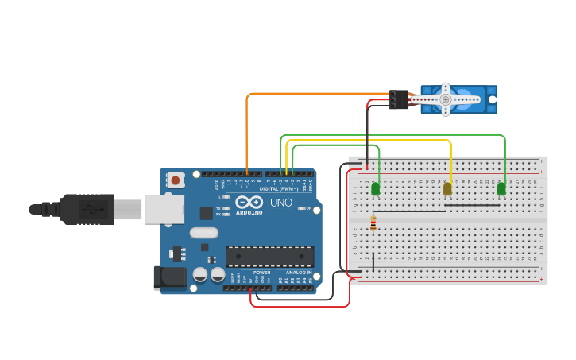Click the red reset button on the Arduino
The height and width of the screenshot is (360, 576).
coord(175,180)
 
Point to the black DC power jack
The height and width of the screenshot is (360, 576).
coord(169,277)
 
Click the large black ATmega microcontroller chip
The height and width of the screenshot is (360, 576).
coord(269,256)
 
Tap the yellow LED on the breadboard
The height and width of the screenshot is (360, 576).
coord(447,188)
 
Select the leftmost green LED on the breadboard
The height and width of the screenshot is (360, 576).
coord(376,188)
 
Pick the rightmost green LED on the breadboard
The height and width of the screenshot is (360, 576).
coord(501,188)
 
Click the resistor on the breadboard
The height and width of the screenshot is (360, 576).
coord(373,224)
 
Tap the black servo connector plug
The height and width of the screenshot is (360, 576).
coord(398,99)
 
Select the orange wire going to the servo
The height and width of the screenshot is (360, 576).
coord(318,94)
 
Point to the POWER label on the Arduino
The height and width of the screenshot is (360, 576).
coord(261,273)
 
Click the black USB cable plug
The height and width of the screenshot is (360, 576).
coord(87,210)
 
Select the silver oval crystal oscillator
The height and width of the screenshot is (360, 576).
coord(203,233)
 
